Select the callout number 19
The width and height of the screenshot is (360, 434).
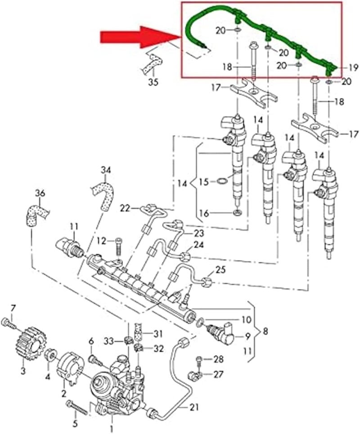point(353,68)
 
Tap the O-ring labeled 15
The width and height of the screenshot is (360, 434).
point(220,182)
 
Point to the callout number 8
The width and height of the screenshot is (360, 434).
point(265,332)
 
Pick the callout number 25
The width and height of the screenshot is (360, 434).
point(220,270)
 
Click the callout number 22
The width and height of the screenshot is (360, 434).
point(125,208)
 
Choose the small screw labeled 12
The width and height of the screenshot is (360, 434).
point(119,243)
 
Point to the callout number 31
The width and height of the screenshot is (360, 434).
point(157,333)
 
